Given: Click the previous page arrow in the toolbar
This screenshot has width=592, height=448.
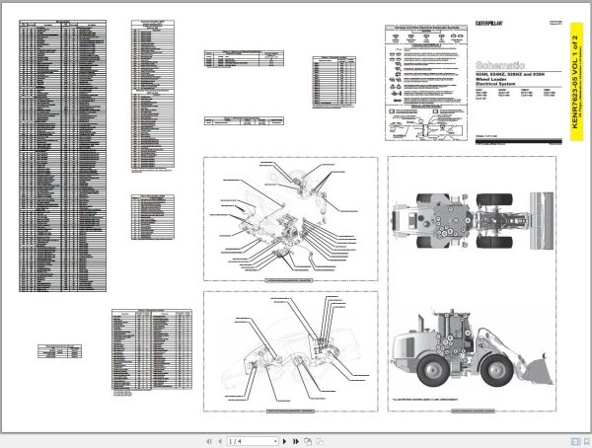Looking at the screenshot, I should click(x=219, y=441).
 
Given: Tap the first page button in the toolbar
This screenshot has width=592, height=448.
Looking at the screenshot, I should click(x=208, y=441).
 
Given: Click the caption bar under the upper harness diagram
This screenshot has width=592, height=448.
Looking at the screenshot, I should click(x=291, y=281).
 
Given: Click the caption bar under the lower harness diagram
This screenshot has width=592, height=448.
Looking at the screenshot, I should click(x=291, y=410).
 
